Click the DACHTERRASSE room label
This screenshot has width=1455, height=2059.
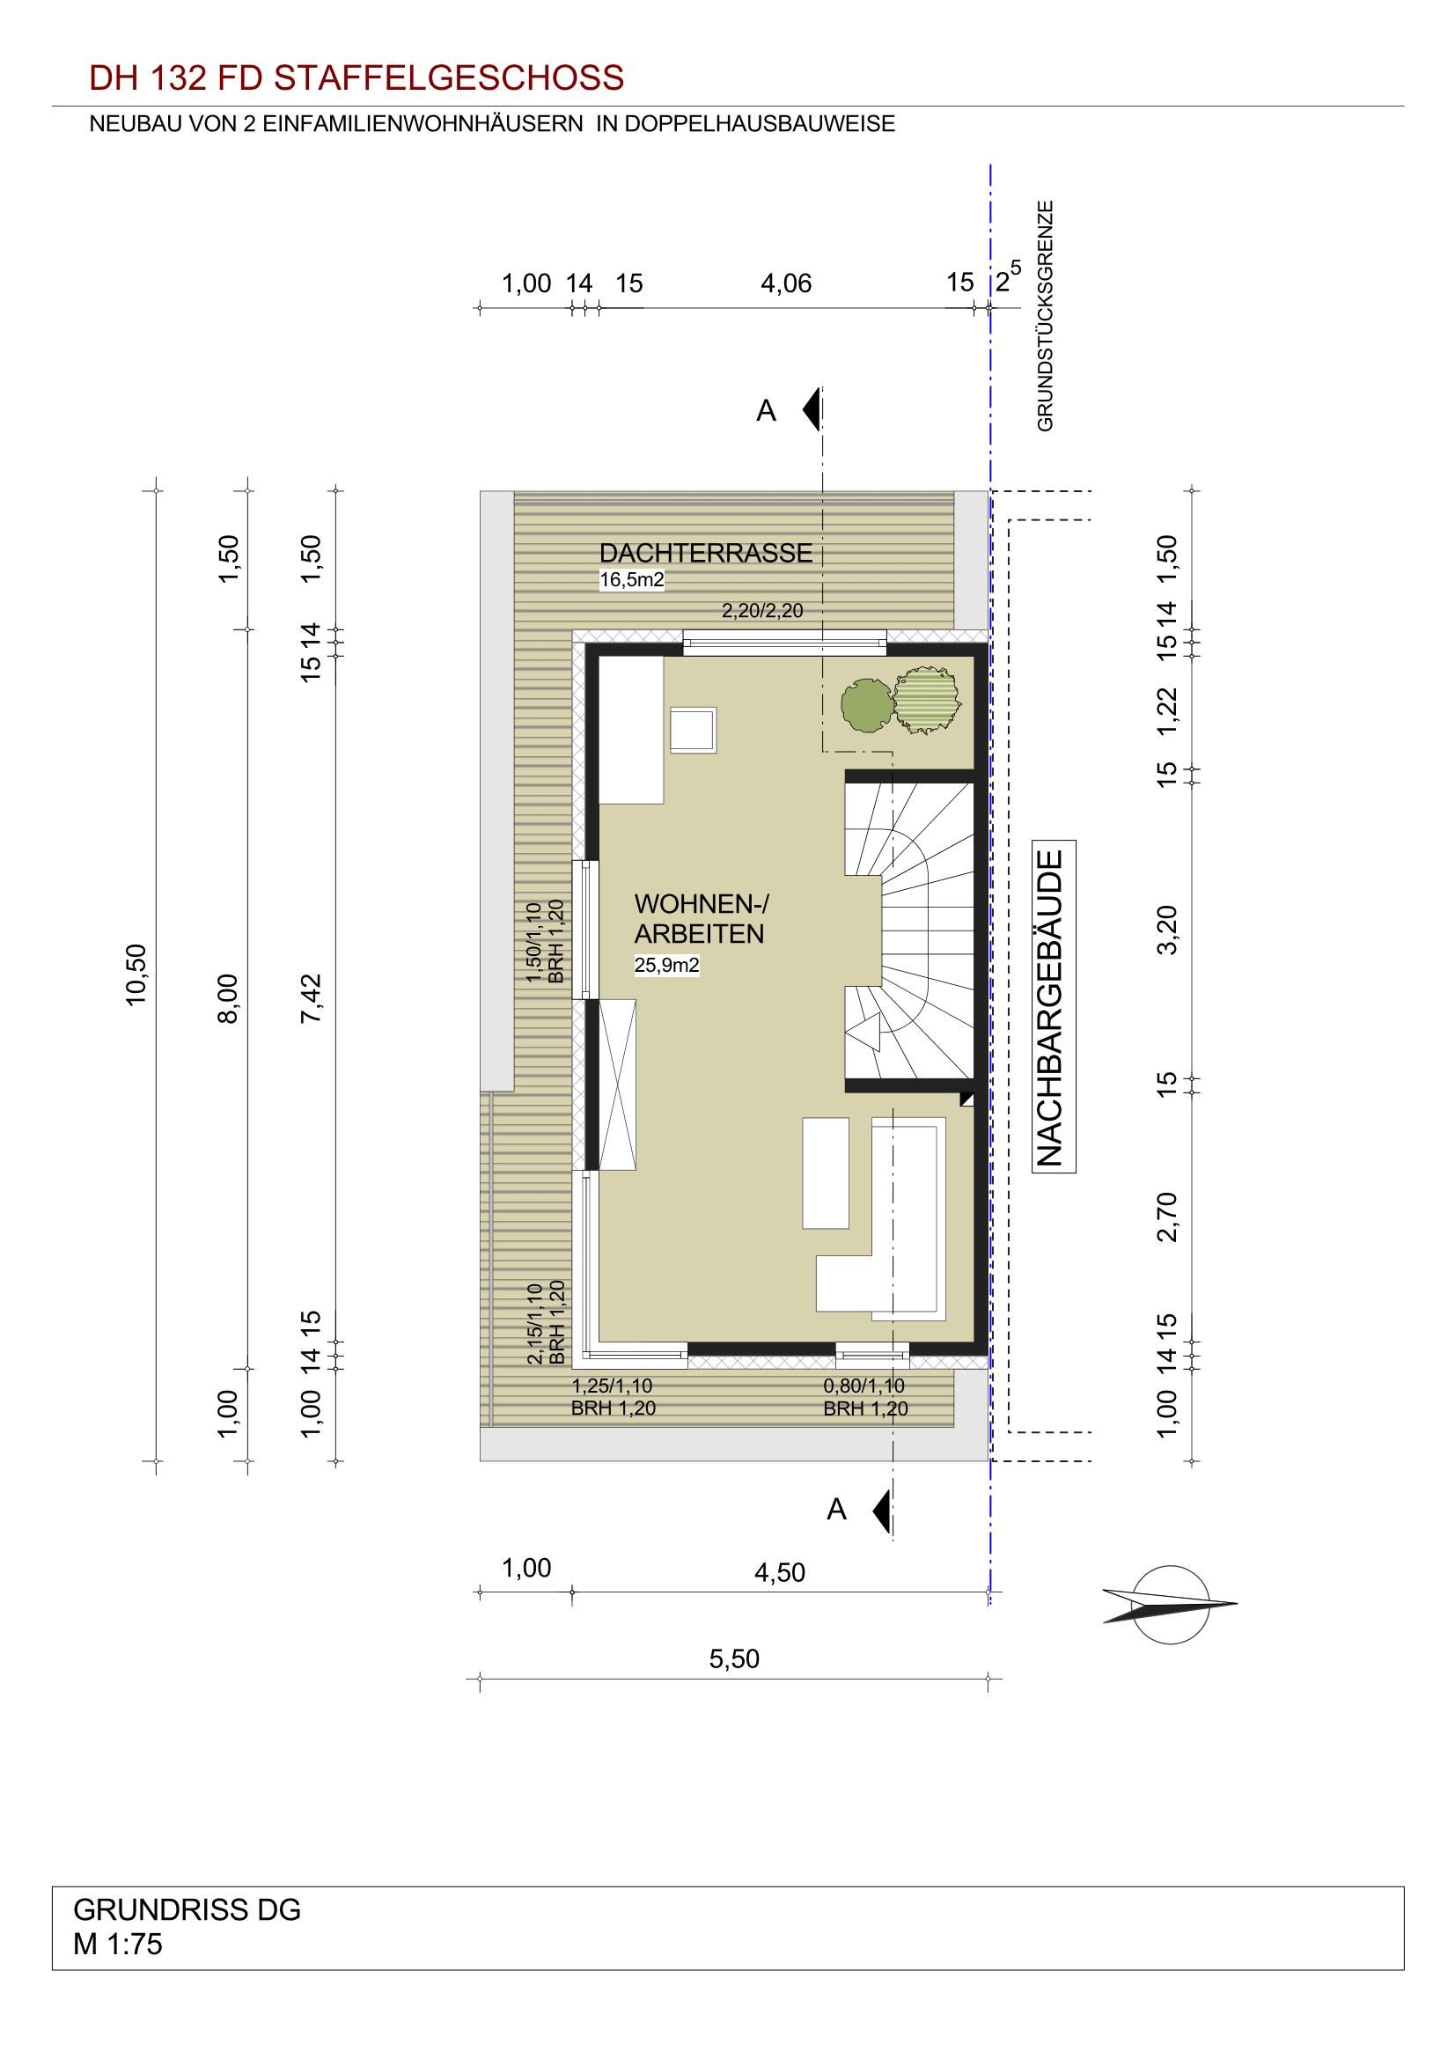pos(706,554)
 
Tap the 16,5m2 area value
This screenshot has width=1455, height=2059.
pos(632,580)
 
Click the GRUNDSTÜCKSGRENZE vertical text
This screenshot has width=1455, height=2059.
pos(1046,316)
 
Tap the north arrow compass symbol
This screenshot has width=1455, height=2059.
pos(1169,1605)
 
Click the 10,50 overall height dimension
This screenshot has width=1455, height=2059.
pos(136,975)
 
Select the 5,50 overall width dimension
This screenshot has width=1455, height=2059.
pos(734,1658)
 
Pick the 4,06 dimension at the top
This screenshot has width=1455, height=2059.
pos(786,283)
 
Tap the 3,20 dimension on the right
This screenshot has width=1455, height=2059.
pos(1167,930)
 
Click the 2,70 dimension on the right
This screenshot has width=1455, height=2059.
pos(1167,1217)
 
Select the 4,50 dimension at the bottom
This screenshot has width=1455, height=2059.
pos(780,1573)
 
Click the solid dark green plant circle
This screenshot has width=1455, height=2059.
pos(867,705)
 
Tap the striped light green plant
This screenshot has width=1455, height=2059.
pos(927,701)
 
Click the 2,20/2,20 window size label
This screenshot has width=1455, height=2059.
pos(762,612)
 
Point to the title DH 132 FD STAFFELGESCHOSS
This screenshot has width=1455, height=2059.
pos(356,79)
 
